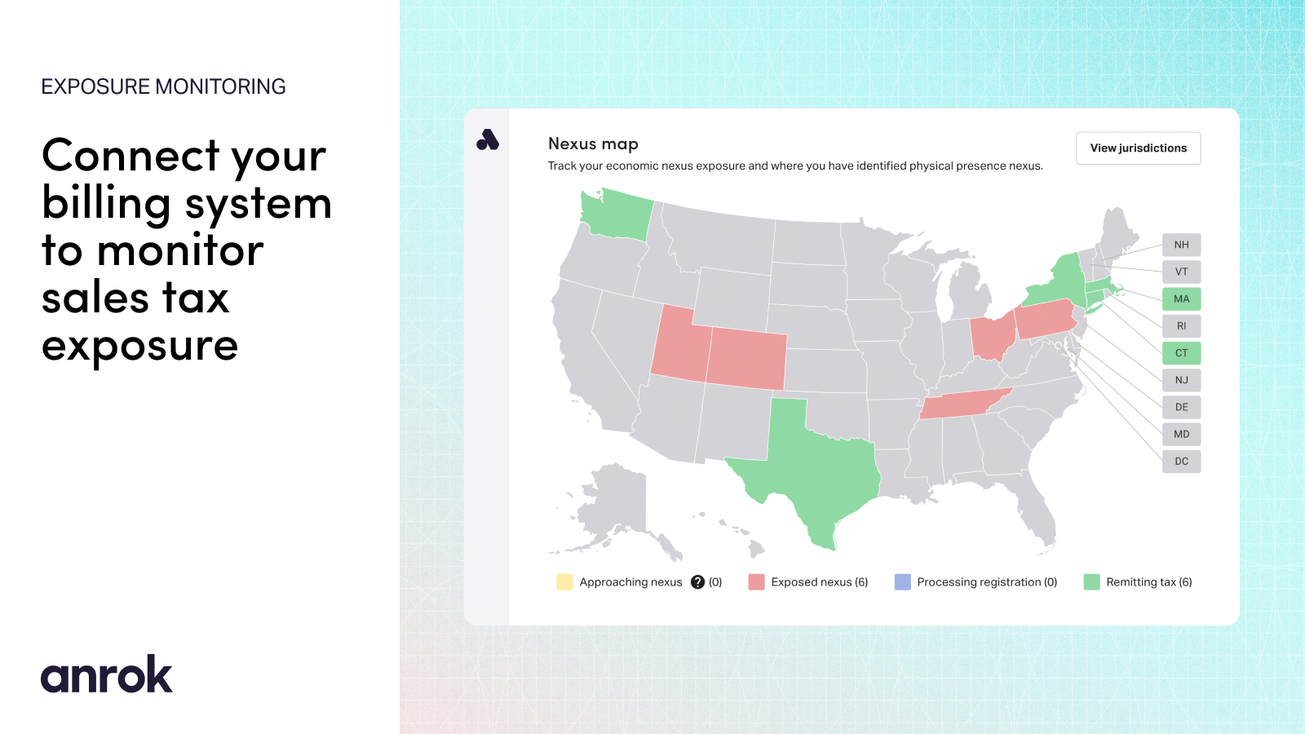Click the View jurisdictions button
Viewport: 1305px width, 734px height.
[x=1138, y=148]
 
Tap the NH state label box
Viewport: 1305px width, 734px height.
[x=1182, y=245]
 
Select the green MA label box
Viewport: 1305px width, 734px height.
[x=1182, y=298]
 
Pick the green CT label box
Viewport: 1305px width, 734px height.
[x=1182, y=353]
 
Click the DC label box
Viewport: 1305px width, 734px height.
[x=1182, y=462]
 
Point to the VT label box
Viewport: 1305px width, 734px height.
[x=1182, y=272]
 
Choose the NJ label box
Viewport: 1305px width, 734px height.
[x=1182, y=380]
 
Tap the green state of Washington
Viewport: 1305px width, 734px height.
[x=617, y=215]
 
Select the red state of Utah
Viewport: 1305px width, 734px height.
[x=679, y=347]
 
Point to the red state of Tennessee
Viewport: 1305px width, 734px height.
[x=964, y=404]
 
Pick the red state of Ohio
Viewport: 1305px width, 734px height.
[x=992, y=336]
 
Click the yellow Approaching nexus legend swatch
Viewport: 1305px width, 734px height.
[x=564, y=582]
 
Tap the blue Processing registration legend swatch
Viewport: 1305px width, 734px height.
[x=902, y=582]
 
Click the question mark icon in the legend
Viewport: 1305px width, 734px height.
[x=697, y=582]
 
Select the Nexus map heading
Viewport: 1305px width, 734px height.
[x=593, y=144]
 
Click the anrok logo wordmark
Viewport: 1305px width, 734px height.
[x=107, y=674]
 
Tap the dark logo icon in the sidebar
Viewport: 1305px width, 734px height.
[x=488, y=139]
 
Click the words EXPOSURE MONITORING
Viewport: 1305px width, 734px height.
[x=163, y=86]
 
